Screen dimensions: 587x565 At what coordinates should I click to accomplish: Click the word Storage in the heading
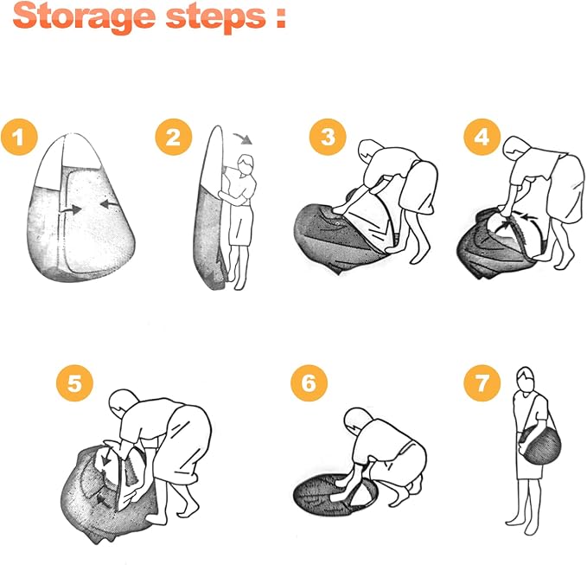click(x=84, y=16)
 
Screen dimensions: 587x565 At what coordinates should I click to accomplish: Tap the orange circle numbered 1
click(x=19, y=137)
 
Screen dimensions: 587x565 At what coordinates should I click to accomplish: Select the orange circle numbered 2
click(x=173, y=137)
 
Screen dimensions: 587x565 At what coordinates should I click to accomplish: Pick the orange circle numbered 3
click(x=328, y=137)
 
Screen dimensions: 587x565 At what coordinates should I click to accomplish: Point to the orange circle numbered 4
click(x=482, y=137)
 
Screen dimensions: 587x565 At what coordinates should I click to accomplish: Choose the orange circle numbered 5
click(x=74, y=383)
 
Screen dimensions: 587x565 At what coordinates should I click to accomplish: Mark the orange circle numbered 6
click(x=309, y=383)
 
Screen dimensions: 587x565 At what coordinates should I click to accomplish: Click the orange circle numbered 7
click(x=482, y=383)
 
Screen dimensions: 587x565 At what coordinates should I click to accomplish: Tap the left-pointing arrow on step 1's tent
click(x=109, y=204)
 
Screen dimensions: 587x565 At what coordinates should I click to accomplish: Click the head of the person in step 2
click(x=246, y=165)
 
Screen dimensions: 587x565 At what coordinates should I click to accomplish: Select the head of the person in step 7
click(x=526, y=380)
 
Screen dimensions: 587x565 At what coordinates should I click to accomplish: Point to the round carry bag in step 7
click(x=541, y=446)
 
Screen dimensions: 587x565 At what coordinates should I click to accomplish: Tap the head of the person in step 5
click(x=123, y=403)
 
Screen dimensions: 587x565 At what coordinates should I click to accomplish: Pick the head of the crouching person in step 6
click(x=358, y=421)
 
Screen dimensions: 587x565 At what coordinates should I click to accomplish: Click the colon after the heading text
click(x=280, y=19)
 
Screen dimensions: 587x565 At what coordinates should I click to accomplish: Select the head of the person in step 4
click(x=517, y=148)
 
